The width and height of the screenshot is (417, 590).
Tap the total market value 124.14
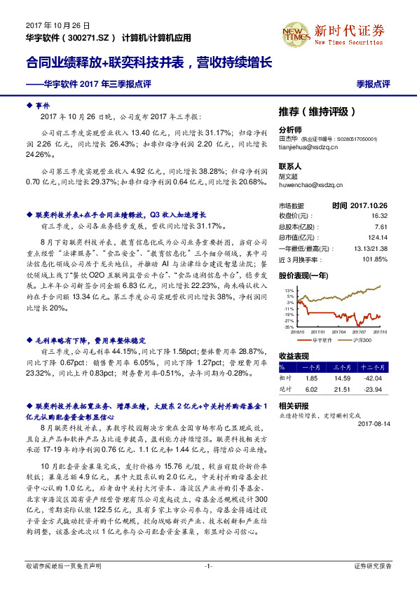click(396, 238)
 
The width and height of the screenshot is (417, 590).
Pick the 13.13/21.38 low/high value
click(389, 249)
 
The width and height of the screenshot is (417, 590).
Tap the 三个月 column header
click(342, 366)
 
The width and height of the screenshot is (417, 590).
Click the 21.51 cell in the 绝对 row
click(342, 389)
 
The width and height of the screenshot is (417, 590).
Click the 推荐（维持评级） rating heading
click(317, 111)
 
